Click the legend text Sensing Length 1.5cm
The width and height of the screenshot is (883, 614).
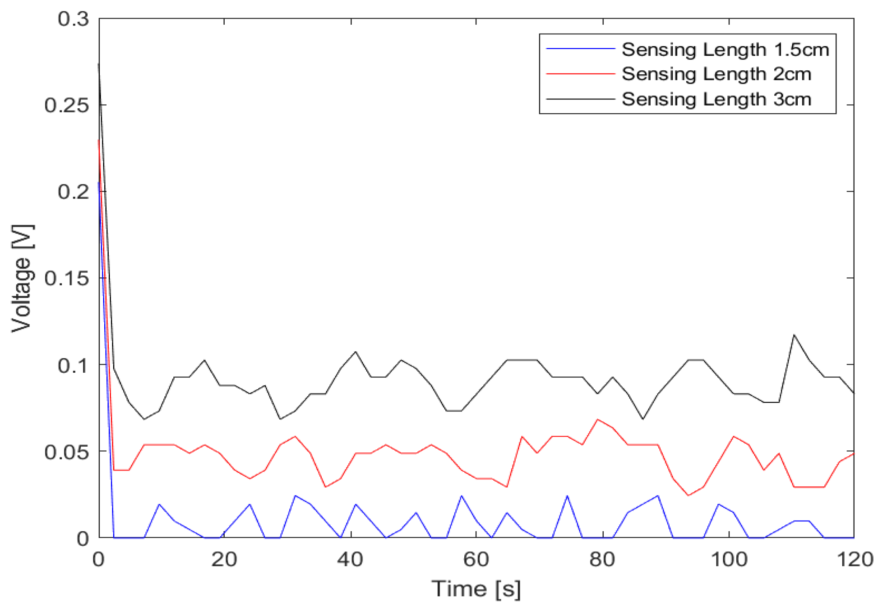click(725, 50)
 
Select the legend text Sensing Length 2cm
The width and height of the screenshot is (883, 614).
click(716, 74)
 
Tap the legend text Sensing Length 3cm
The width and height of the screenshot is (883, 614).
click(716, 99)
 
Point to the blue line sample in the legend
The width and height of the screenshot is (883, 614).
click(580, 49)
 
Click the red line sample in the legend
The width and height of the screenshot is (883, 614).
click(580, 74)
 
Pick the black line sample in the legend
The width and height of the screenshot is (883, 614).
click(580, 99)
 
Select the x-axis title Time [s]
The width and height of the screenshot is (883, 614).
click(476, 589)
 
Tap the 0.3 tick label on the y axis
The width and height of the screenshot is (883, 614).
click(73, 19)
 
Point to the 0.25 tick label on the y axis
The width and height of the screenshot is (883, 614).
click(67, 105)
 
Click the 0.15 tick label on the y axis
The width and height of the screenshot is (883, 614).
click(67, 279)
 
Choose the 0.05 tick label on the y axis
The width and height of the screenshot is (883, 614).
click(67, 452)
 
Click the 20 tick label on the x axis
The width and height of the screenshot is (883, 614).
click(224, 560)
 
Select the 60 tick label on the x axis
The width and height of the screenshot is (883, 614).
click(476, 560)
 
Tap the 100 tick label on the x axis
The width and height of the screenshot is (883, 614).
click(729, 560)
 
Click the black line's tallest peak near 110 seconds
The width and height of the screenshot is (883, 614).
click(794, 335)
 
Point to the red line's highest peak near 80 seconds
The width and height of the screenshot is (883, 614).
click(598, 419)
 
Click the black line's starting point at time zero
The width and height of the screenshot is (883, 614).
click(99, 64)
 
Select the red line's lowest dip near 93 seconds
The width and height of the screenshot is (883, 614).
click(688, 495)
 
